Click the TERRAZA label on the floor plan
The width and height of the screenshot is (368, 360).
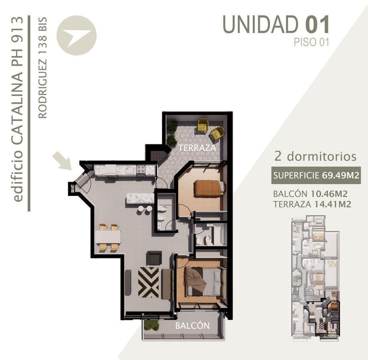197,148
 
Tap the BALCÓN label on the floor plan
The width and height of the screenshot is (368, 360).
192,325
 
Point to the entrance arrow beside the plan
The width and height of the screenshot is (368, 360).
62,160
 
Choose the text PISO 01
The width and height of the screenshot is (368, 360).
312,42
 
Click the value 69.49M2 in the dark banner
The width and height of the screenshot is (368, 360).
341,175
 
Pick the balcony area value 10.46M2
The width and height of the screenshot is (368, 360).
329,194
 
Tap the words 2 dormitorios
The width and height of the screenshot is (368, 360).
316,156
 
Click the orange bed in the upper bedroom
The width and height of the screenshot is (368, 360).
208,188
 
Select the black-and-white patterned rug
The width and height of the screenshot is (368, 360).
148,282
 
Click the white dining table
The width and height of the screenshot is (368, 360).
108,237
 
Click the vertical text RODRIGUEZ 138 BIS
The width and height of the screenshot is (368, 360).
43,67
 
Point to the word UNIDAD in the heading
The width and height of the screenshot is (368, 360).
260,24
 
